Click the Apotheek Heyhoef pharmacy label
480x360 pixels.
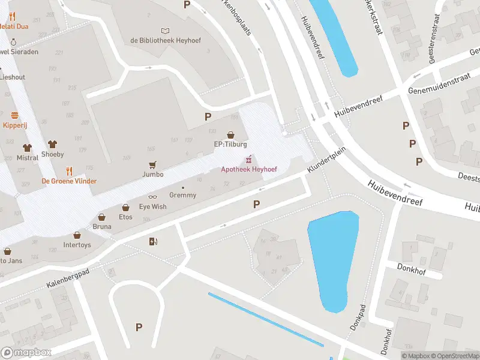tap(248, 170)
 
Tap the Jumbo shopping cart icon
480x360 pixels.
tap(153, 164)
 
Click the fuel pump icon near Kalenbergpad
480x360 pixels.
tap(154, 242)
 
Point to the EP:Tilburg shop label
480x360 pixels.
tap(230, 145)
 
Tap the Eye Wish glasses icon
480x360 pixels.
tap(153, 197)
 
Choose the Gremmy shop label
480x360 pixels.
tap(182, 195)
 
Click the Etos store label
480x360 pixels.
tap(125, 217)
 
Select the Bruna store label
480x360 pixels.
tap(101, 227)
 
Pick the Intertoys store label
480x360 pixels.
tap(77, 245)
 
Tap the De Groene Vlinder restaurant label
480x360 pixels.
tap(69, 181)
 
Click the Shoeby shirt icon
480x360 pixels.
tap(52, 145)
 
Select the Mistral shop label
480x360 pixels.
tap(26, 158)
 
